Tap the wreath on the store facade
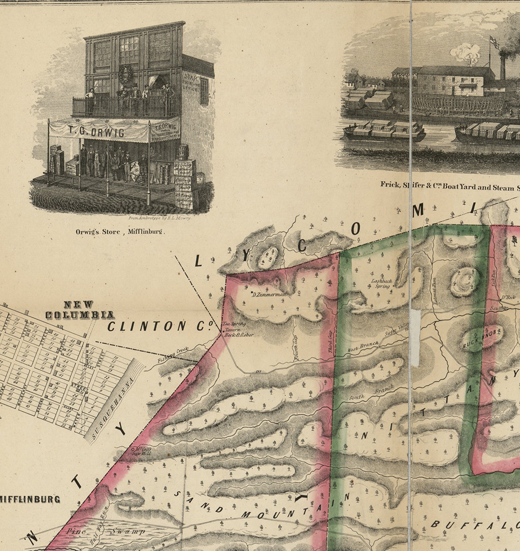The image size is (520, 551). click(x=125, y=73)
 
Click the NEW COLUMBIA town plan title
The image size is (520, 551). click(x=79, y=310)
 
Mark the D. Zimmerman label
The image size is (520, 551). click(x=269, y=294)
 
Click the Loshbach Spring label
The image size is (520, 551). click(x=382, y=284)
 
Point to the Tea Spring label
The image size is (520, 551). click(x=234, y=324)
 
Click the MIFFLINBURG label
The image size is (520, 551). click(x=30, y=499)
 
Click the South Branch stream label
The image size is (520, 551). click(x=371, y=394)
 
